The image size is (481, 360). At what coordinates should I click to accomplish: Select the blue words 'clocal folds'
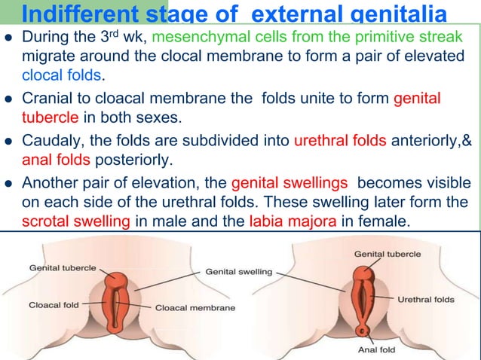(x=63, y=76)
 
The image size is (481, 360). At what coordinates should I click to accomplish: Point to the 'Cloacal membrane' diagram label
(x=195, y=308)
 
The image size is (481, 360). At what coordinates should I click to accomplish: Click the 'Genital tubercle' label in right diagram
(x=388, y=255)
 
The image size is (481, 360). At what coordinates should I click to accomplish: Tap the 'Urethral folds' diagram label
(x=426, y=299)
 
